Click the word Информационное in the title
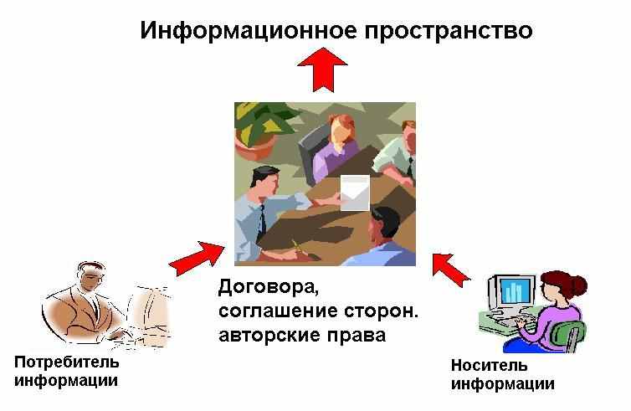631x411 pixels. [249, 31]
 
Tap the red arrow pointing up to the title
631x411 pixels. [322, 69]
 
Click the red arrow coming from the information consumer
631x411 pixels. [197, 258]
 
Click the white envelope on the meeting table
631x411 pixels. [355, 193]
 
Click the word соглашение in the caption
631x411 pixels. [278, 312]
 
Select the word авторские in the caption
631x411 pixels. [269, 335]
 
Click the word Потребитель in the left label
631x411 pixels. [67, 362]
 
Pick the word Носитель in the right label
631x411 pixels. [489, 366]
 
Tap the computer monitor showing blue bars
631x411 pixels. [512, 292]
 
